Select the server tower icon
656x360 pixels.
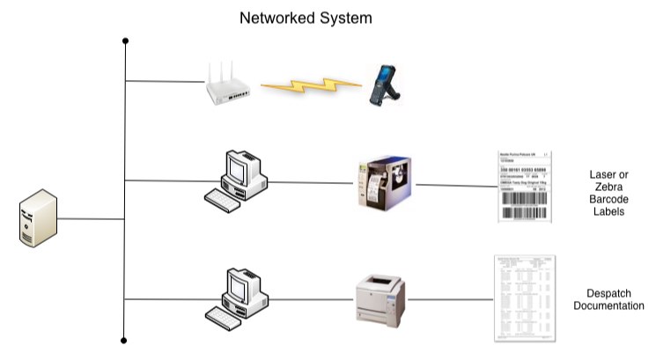tap(38, 220)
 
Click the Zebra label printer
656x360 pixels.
tap(385, 183)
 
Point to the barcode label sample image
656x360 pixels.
tap(523, 185)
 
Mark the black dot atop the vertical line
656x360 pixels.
tap(126, 40)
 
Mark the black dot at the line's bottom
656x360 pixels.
tap(126, 339)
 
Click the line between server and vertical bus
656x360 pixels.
tap(92, 218)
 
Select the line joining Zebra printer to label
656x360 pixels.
tap(455, 185)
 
